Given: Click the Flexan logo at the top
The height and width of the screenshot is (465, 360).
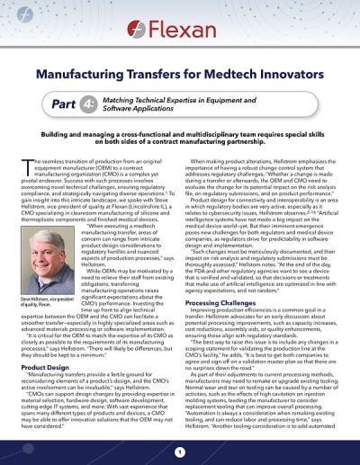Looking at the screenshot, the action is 180,19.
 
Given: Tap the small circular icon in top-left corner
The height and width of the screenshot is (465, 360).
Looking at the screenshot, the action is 12,12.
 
